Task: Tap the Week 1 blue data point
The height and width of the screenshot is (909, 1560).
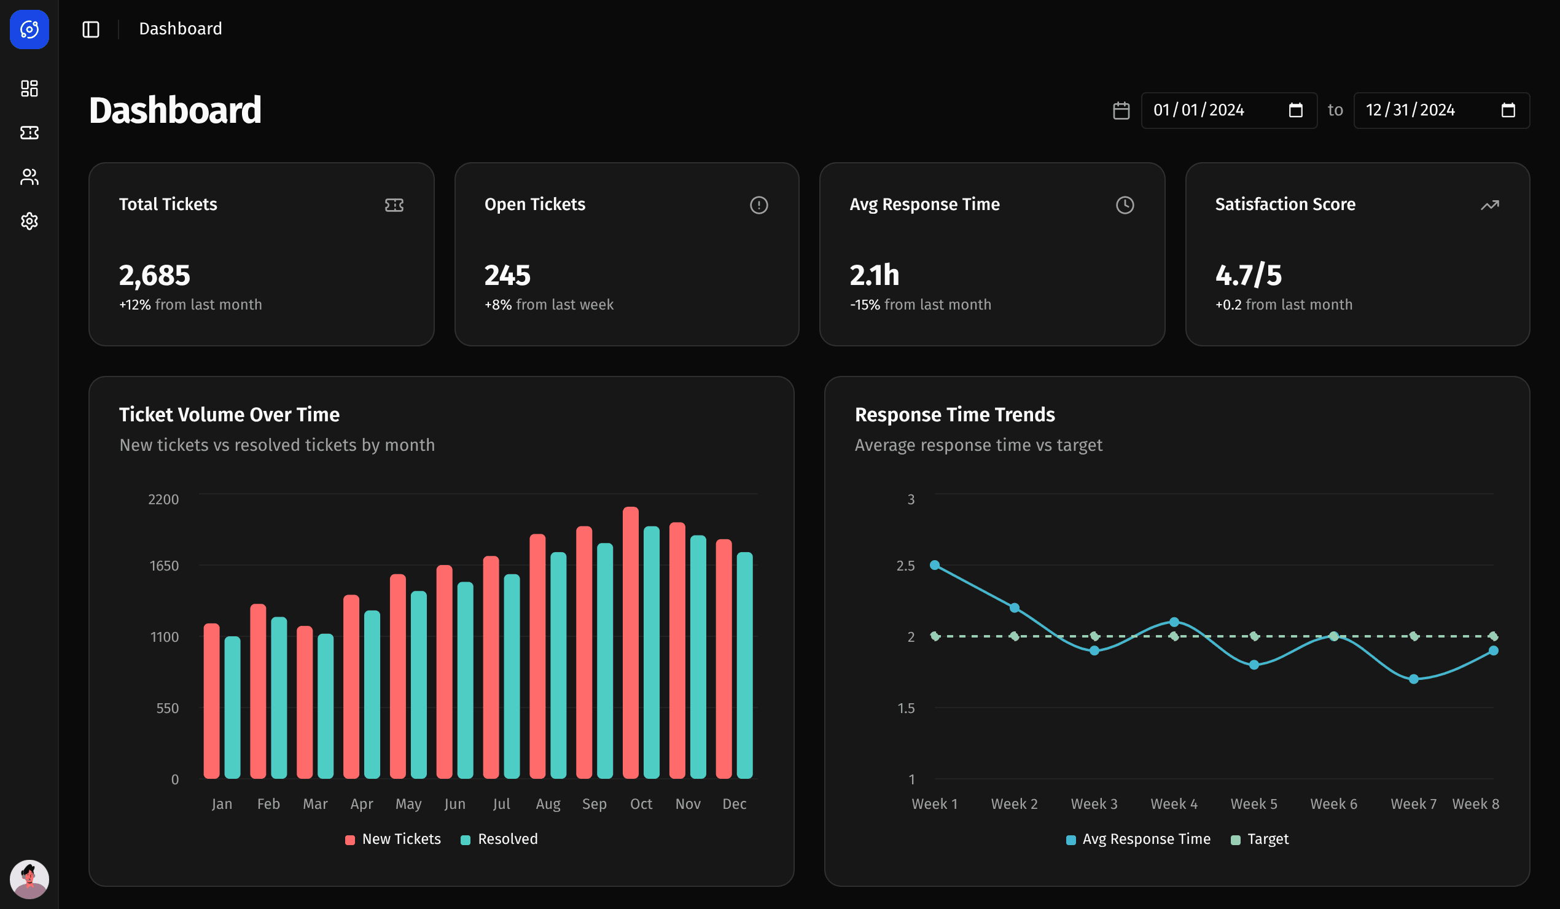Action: tap(935, 564)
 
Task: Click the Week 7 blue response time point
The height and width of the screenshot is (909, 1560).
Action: tap(1413, 679)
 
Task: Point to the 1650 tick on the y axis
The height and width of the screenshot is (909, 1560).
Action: tap(164, 565)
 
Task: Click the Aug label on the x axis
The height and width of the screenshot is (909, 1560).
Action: tap(548, 804)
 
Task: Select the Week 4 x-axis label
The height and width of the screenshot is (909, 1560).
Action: tap(1174, 804)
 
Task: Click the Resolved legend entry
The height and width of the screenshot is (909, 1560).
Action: tap(499, 839)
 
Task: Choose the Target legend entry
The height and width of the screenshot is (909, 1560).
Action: tap(1260, 839)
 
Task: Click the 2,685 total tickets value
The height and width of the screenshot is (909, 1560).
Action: tap(154, 276)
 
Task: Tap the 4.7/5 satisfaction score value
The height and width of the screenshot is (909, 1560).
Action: tap(1248, 276)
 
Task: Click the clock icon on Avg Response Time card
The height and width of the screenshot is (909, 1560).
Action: tap(1124, 205)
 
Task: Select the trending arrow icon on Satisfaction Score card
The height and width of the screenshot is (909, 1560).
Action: tap(1489, 205)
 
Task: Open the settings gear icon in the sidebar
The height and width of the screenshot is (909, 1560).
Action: tap(29, 221)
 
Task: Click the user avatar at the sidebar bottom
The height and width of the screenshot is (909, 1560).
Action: tap(29, 878)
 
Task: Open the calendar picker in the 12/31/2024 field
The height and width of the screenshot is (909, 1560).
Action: tap(1508, 110)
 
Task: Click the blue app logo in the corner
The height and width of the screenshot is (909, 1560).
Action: tap(29, 29)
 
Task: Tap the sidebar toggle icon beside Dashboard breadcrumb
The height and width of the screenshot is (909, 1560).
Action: tap(91, 29)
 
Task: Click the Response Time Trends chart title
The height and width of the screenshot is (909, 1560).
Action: tap(954, 414)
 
